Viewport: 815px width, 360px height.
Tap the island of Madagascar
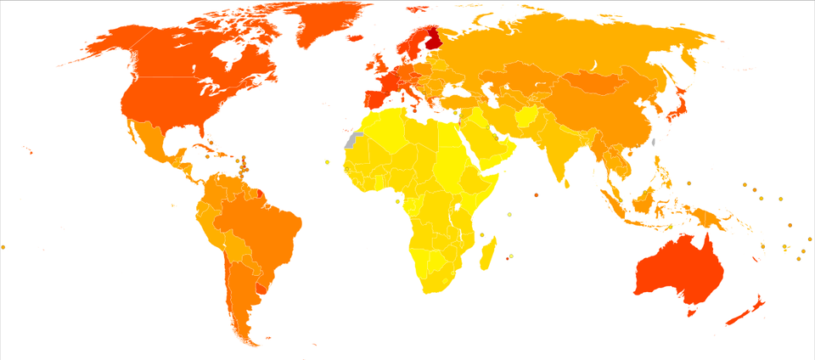click(x=487, y=254)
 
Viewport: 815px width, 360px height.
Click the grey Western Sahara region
click(x=350, y=141)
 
